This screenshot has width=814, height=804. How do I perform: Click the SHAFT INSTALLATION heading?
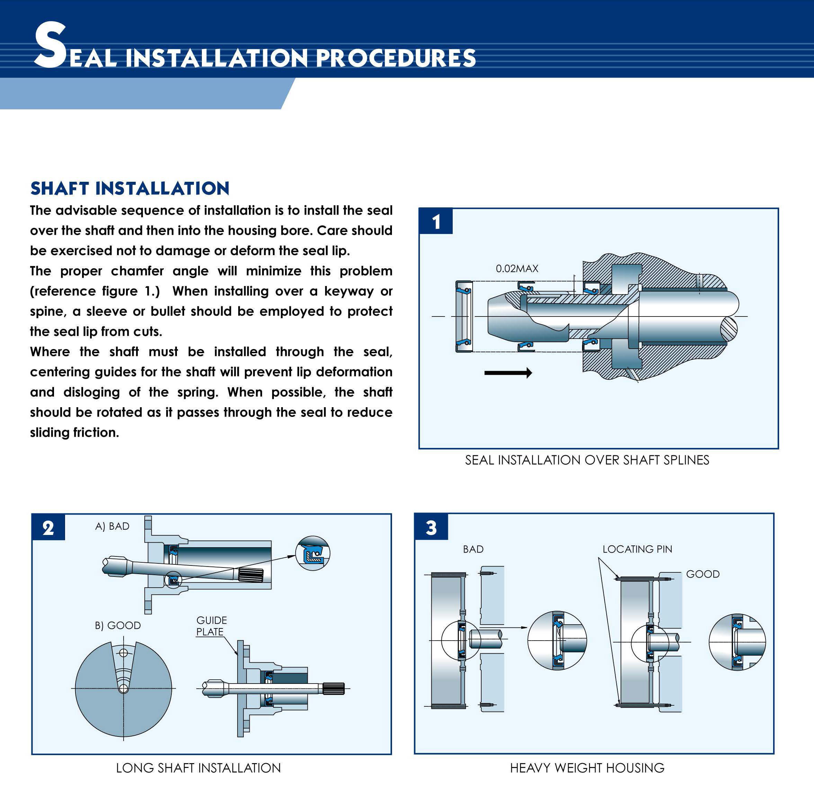point(130,188)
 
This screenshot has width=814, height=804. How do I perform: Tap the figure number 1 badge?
point(436,222)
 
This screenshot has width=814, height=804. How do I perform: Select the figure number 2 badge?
point(48,527)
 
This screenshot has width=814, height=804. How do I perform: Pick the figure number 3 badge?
point(431,527)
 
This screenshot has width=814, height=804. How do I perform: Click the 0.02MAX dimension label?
point(517,268)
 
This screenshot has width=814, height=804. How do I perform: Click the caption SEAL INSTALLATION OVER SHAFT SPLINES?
point(587,460)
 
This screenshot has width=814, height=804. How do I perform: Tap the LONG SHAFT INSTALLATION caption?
point(198,768)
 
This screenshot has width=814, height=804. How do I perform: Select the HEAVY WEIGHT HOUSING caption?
point(587,768)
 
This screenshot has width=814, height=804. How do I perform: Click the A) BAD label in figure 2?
point(112,526)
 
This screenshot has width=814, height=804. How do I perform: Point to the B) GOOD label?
point(118,625)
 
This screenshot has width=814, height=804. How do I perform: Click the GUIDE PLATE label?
point(211,626)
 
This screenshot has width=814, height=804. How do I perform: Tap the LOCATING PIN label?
point(637,549)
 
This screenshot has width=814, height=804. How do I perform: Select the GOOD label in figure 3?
point(703,574)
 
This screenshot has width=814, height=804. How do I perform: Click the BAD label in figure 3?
point(473,549)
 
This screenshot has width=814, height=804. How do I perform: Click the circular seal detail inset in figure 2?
point(313,553)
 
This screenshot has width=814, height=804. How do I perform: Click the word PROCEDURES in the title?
point(396,58)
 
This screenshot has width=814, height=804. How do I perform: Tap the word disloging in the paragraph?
point(91,392)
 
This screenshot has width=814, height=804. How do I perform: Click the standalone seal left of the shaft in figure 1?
point(464,316)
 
